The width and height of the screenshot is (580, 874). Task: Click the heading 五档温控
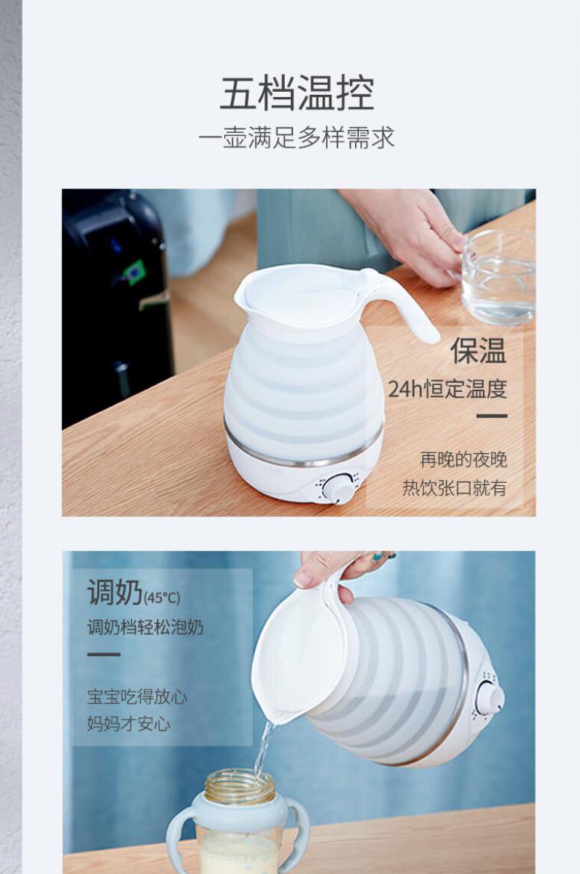pos(297,93)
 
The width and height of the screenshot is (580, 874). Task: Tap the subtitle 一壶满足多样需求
pos(297,137)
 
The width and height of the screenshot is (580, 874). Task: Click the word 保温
pos(478,351)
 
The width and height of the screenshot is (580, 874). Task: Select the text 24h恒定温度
pos(448,389)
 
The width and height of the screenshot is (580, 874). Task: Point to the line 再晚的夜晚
pos(463,459)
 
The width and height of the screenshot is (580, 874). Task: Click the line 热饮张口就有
pos(454,487)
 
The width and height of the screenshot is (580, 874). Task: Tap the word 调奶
pos(114,592)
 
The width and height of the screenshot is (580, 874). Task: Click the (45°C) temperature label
pos(162,598)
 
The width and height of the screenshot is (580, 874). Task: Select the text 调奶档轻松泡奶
pos(145,627)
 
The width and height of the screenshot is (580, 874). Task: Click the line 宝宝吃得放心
pos(137,697)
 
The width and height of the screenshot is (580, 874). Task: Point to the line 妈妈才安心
pos(129,723)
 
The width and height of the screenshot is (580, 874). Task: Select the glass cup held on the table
pos(497,277)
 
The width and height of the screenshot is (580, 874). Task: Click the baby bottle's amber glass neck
pos(239,785)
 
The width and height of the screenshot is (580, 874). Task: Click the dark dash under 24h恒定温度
pos(492,416)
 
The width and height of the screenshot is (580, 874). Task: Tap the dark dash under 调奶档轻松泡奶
pos(103,655)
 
